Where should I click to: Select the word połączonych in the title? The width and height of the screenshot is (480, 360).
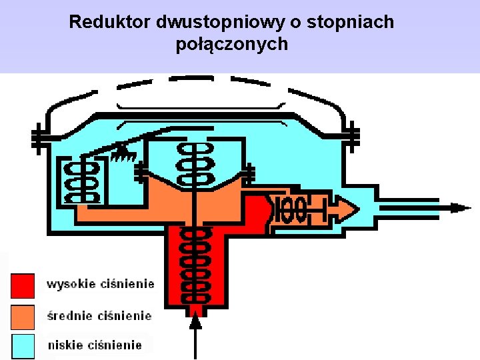point(232,45)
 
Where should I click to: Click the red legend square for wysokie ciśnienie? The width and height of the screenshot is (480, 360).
point(22,285)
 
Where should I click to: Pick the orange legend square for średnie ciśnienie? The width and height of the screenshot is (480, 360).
point(22,316)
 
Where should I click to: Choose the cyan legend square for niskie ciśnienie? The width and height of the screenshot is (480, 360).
point(22,345)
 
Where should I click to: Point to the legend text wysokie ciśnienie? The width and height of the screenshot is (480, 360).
point(100,284)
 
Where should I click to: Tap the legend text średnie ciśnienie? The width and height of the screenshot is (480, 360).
point(99,315)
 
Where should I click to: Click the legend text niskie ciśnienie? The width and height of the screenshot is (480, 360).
point(95,345)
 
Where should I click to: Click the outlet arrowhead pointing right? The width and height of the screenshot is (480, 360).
point(460,207)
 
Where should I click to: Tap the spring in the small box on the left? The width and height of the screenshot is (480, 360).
point(79,180)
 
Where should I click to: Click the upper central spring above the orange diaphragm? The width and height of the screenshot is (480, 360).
point(195,163)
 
